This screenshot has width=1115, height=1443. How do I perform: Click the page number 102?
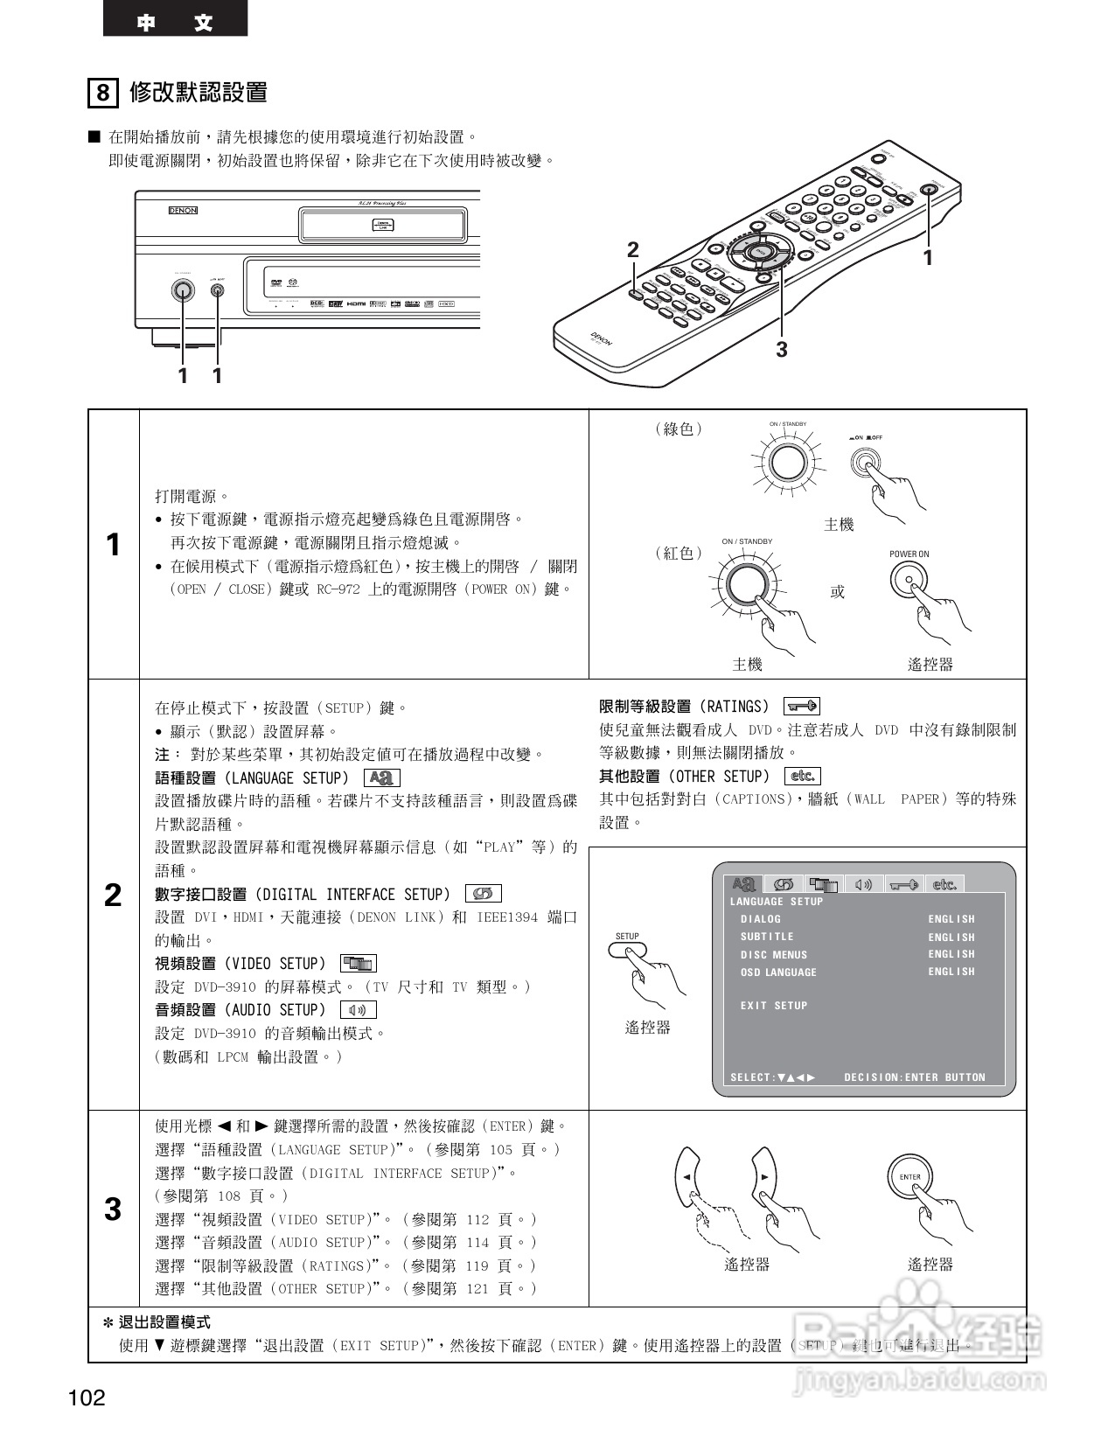tap(87, 1398)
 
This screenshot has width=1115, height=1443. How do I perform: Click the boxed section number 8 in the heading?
tap(103, 92)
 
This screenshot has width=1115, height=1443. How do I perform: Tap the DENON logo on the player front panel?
tap(183, 211)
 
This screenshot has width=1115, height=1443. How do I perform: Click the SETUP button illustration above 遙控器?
tap(628, 949)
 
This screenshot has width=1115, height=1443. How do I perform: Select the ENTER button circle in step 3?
tap(909, 1177)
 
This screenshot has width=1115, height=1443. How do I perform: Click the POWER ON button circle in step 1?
tap(909, 579)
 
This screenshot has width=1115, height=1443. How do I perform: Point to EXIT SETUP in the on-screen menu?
tap(774, 1006)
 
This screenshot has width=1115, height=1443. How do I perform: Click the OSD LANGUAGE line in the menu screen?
tap(778, 972)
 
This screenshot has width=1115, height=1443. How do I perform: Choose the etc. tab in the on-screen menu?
tap(944, 884)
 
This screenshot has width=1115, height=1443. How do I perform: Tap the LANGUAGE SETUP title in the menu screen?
tap(777, 902)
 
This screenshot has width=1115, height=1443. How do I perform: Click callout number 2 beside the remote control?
tap(633, 250)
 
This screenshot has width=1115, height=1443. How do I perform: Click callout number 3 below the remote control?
tap(782, 350)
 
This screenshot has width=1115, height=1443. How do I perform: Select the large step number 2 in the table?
tap(113, 895)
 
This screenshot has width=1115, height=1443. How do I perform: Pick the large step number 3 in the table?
tap(113, 1209)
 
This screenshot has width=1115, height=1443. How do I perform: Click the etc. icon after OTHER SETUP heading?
tap(803, 776)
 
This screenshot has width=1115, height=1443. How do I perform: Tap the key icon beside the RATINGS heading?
tap(802, 706)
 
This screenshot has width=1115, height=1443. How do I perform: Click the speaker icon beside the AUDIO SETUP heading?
tap(358, 1010)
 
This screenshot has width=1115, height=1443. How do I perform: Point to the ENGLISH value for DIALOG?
tap(951, 919)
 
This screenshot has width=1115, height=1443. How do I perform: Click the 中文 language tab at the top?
tap(175, 22)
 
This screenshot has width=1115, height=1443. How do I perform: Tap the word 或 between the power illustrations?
tap(838, 592)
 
